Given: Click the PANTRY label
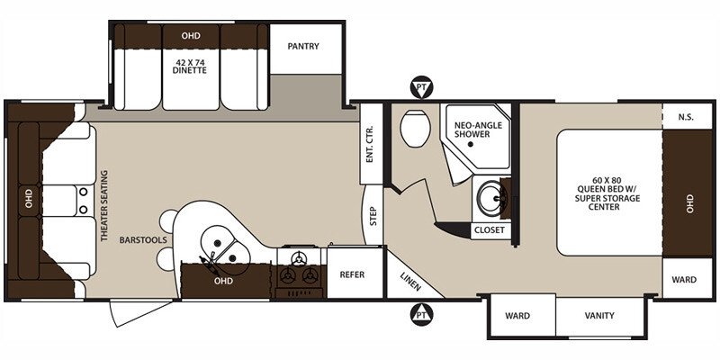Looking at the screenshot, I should (x=301, y=46).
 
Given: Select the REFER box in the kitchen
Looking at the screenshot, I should (x=352, y=274).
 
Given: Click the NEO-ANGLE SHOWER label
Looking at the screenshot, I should (x=477, y=130).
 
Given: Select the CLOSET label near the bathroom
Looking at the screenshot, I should (x=490, y=230).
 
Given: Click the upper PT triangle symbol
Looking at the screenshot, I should (x=420, y=87).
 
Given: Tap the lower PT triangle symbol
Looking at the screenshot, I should (x=420, y=315).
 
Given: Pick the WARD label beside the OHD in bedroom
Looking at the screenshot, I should (x=683, y=280).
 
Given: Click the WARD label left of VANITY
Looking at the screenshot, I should (x=517, y=316).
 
